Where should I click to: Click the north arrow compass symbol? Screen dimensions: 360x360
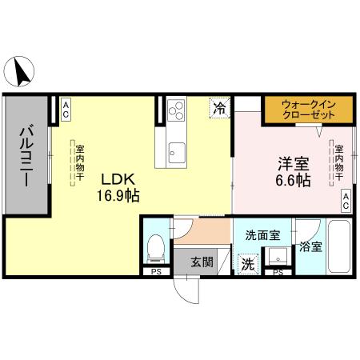(22, 74)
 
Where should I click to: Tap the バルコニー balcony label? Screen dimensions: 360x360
(26, 155)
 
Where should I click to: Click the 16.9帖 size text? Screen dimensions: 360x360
(114, 194)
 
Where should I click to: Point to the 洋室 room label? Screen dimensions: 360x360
(293, 163)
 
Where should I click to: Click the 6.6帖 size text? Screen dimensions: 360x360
(293, 181)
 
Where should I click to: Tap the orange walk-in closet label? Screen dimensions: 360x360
(308, 110)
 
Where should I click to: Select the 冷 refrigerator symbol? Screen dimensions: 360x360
(219, 108)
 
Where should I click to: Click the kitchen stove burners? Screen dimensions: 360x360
(175, 109)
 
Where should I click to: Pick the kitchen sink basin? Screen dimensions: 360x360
(175, 152)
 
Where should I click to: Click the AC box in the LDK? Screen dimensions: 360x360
(65, 110)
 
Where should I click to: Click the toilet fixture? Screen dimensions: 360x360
(156, 248)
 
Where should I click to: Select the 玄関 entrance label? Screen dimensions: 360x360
(202, 261)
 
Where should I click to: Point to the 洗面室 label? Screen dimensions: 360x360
(262, 235)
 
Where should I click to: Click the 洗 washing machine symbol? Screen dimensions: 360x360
(247, 262)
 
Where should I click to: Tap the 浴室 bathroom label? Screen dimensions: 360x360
(310, 247)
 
